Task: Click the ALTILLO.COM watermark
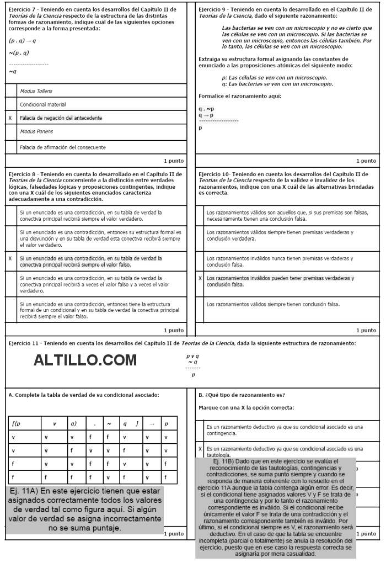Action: (x=85, y=360)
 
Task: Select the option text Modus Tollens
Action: (x=36, y=91)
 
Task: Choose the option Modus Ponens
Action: (x=36, y=131)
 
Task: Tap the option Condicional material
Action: (x=43, y=104)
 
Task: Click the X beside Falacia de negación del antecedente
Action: (x=10, y=118)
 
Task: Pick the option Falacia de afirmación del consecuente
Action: (x=63, y=147)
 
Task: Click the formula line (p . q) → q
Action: (x=23, y=41)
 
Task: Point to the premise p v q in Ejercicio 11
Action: (x=192, y=356)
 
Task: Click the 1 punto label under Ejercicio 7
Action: (x=174, y=161)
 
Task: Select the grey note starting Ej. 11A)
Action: (x=85, y=509)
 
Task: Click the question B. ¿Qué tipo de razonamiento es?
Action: (x=242, y=395)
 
